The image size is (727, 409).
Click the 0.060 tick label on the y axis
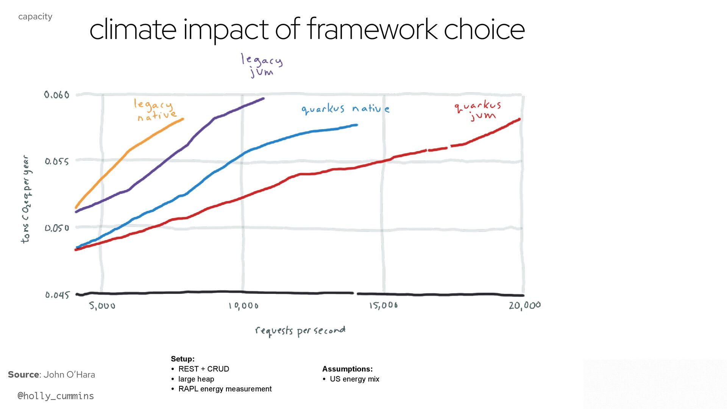click(57, 95)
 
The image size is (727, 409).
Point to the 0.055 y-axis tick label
click(57, 162)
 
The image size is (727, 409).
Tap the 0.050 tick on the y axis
click(57, 228)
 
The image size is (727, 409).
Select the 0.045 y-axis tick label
click(57, 295)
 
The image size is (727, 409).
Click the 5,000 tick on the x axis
click(102, 306)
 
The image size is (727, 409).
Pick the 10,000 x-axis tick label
click(243, 306)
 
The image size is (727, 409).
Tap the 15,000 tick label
click(384, 305)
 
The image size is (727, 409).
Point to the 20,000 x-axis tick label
click(525, 306)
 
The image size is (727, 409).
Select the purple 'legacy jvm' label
click(262, 66)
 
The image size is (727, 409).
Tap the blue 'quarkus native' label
click(345, 109)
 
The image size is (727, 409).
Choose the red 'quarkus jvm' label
click(478, 111)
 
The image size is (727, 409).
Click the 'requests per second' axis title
click(300, 331)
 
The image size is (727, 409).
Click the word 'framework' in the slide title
click(372, 29)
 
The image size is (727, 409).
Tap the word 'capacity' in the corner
click(35, 17)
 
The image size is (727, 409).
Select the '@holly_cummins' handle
click(56, 396)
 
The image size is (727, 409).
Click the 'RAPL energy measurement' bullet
click(225, 389)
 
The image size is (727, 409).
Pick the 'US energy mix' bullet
click(354, 379)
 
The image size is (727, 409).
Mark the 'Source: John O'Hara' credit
click(51, 375)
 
